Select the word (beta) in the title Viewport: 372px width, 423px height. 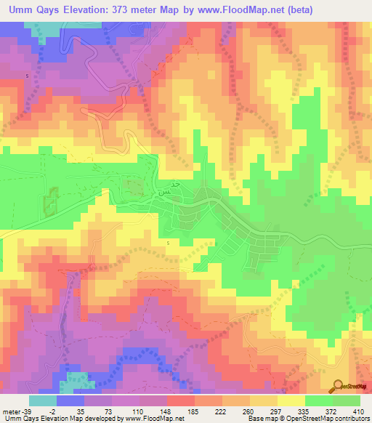coord(341,9)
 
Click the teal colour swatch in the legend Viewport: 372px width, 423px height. coord(43,401)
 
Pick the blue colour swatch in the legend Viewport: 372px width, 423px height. coord(70,401)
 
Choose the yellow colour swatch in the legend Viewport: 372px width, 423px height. coord(291,401)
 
